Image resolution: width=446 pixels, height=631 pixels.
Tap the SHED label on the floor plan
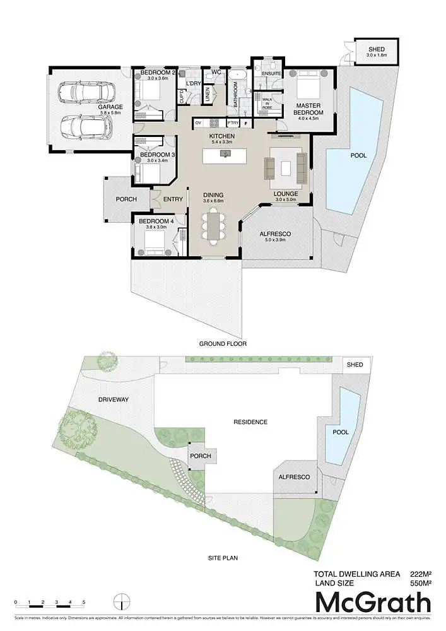pos(376,49)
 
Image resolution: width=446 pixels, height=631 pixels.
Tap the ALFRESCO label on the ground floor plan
pos(274,233)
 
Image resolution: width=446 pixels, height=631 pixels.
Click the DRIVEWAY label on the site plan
pos(113,399)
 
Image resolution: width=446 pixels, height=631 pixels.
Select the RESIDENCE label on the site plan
pos(250,422)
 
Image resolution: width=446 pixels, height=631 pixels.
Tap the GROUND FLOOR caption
pos(223,344)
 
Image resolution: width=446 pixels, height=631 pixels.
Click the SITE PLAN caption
pos(223,558)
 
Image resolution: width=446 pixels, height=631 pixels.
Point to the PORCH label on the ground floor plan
pos(126,199)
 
